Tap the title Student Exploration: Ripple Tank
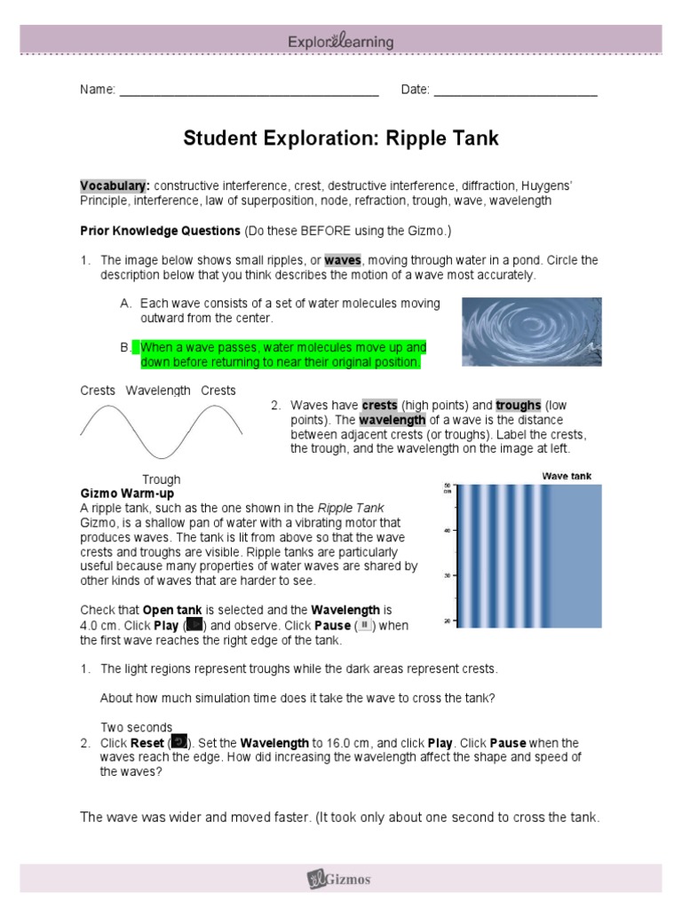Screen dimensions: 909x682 (341, 138)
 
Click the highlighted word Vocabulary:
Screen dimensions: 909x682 (115, 186)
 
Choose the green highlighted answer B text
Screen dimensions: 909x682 (282, 355)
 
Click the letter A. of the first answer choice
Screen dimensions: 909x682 (126, 304)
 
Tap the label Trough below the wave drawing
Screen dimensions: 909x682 (161, 479)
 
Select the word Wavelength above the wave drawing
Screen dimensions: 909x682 (158, 391)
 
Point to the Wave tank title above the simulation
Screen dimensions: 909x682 (567, 477)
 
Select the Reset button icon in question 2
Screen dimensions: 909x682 (178, 742)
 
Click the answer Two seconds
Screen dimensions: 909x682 (136, 728)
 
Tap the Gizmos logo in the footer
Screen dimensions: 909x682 (340, 880)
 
